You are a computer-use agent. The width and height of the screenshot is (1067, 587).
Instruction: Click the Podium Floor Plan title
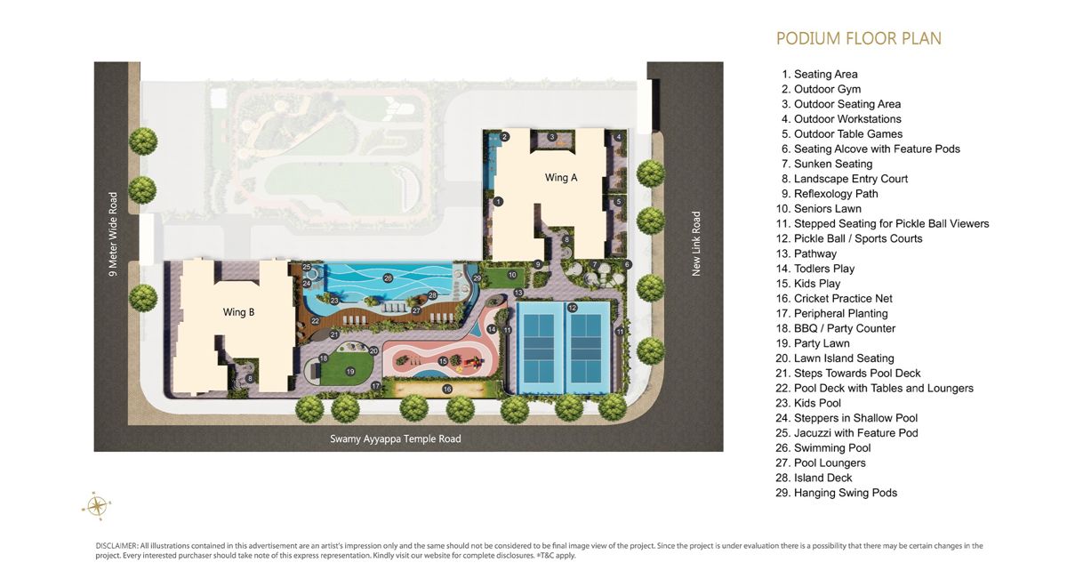(859, 38)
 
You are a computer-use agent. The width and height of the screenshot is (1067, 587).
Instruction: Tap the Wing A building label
(561, 178)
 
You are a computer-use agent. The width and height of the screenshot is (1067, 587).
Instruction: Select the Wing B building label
(238, 312)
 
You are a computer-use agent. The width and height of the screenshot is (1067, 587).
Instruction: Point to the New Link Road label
(696, 244)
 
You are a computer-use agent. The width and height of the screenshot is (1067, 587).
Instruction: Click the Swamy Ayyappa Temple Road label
(396, 438)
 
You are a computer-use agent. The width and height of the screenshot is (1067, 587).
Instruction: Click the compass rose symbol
(97, 505)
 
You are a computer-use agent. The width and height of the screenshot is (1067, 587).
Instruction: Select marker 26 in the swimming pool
(388, 277)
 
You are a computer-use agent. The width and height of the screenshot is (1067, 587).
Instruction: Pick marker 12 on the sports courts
(572, 308)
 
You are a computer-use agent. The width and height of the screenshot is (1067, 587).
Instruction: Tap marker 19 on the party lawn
(350, 371)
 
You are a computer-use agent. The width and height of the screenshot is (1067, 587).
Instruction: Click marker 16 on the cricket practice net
(446, 390)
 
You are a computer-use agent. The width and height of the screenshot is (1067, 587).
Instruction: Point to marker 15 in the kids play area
(443, 361)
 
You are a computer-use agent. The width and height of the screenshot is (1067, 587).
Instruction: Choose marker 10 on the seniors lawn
(512, 275)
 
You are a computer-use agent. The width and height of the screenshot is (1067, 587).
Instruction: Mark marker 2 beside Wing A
(505, 137)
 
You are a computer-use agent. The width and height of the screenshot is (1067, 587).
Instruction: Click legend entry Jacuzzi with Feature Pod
(846, 433)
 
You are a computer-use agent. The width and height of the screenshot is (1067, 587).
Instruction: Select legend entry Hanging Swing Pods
(836, 493)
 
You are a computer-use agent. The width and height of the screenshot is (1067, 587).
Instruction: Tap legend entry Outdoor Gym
(821, 89)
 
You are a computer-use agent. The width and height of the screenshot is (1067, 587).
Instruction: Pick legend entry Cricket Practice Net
(834, 299)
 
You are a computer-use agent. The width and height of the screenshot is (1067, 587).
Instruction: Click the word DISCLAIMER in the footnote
(116, 546)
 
